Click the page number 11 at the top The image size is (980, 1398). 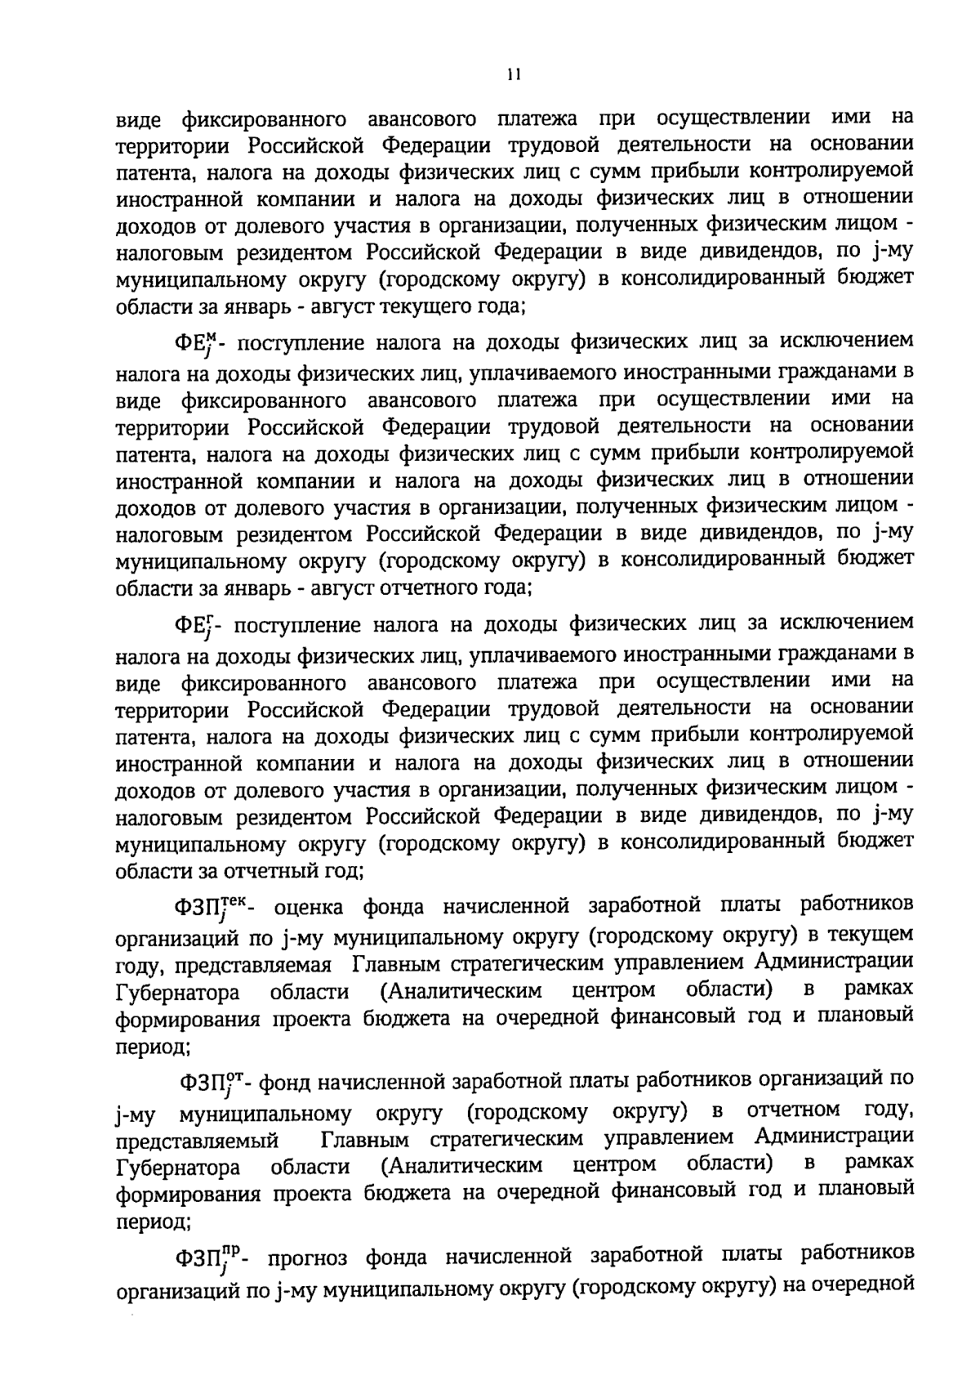click(x=512, y=74)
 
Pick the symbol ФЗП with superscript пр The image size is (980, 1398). click(x=211, y=1259)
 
